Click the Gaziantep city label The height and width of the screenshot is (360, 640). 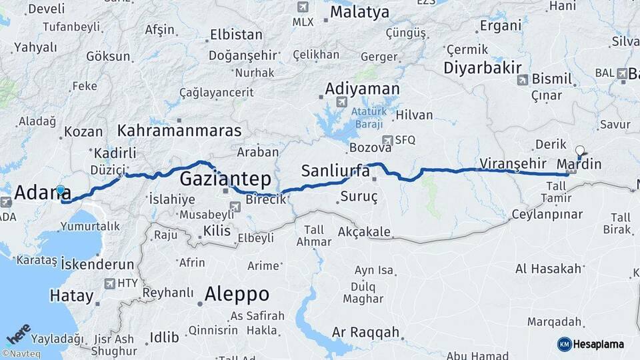(225, 179)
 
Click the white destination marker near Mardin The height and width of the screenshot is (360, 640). (580, 151)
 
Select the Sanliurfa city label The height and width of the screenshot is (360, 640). (335, 171)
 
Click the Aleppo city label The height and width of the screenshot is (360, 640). (237, 293)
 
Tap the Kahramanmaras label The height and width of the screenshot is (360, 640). (180, 129)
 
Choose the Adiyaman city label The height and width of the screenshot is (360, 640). (363, 89)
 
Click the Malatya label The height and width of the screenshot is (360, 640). (359, 12)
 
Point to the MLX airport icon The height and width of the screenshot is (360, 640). (303, 7)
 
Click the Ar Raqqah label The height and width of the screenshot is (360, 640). (365, 332)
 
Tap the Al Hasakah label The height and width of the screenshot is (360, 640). (548, 269)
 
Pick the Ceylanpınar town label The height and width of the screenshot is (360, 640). (547, 215)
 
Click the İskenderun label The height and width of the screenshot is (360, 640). (97, 264)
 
